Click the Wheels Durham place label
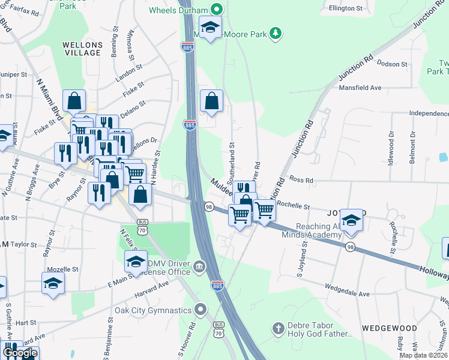pos(178,10)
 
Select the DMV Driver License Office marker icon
pos(198,266)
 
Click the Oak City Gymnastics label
pos(153,311)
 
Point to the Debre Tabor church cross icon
pos(277,328)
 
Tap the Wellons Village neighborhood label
pos(82,49)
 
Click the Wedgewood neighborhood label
pos(390,328)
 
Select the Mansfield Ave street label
pos(360,88)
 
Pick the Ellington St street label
pos(346,8)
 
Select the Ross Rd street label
pos(301,179)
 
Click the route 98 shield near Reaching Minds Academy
pos(350,248)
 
